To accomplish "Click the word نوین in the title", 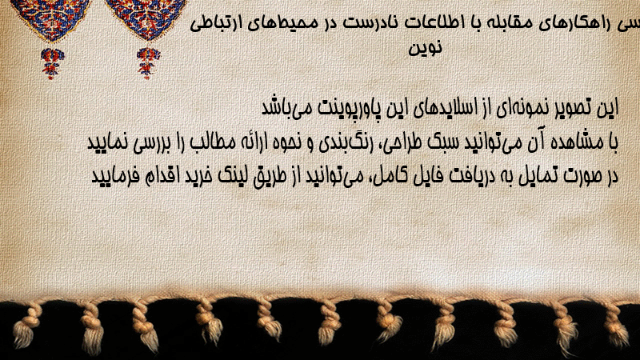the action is click(426, 47).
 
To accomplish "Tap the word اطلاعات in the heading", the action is click(433, 22).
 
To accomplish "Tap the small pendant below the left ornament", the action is click(52, 63).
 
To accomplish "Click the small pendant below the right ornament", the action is click(148, 63).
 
